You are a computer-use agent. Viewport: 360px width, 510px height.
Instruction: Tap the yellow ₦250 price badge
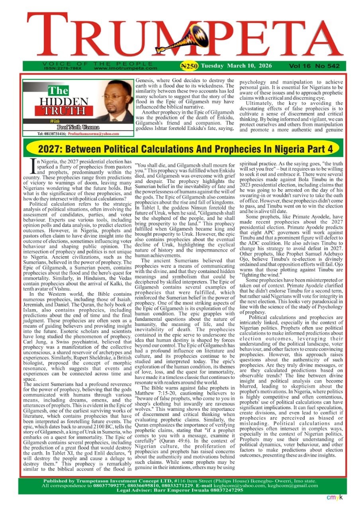point(189,66)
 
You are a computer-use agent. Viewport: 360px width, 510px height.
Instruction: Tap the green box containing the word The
point(58,91)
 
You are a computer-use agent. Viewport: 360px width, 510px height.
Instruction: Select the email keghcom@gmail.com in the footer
point(296,485)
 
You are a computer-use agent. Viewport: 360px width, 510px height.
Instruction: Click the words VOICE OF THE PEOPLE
point(98,64)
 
